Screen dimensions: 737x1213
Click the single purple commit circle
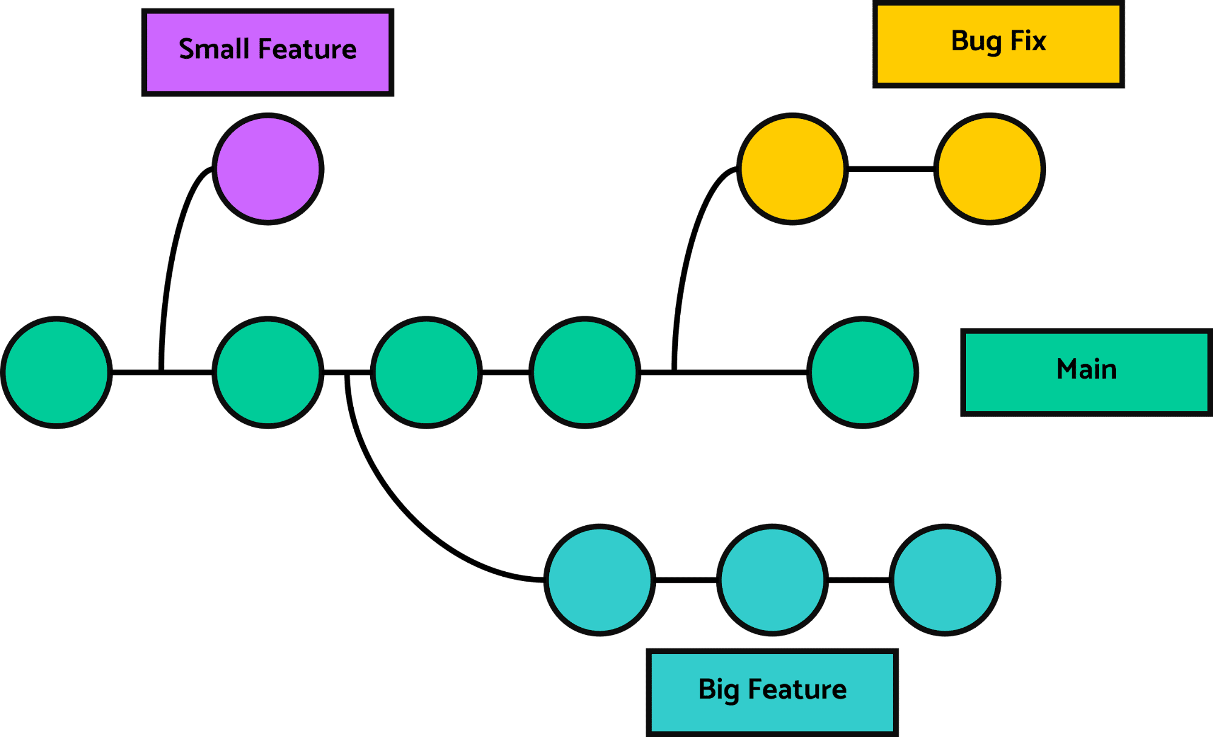pyautogui.click(x=268, y=169)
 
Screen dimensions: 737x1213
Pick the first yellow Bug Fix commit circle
pyautogui.click(x=792, y=169)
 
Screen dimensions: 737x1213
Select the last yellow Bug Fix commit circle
pyautogui.click(x=989, y=169)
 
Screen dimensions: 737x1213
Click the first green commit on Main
pyautogui.click(x=56, y=372)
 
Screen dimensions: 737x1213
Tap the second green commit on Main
pyautogui.click(x=268, y=372)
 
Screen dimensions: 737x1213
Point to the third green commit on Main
pyautogui.click(x=426, y=372)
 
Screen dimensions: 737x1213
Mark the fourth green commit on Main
pyautogui.click(x=584, y=372)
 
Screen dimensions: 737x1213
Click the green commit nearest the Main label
pyautogui.click(x=862, y=372)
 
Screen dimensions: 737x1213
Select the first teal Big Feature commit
pyautogui.click(x=600, y=580)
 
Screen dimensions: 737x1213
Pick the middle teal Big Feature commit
pyautogui.click(x=772, y=580)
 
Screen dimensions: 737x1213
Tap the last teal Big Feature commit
pyautogui.click(x=945, y=580)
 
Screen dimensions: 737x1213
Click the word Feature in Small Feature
pyautogui.click(x=307, y=49)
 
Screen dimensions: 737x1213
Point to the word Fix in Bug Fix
pyautogui.click(x=1028, y=41)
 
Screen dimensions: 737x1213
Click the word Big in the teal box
pyautogui.click(x=718, y=690)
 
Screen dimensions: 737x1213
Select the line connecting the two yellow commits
pyautogui.click(x=890, y=166)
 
